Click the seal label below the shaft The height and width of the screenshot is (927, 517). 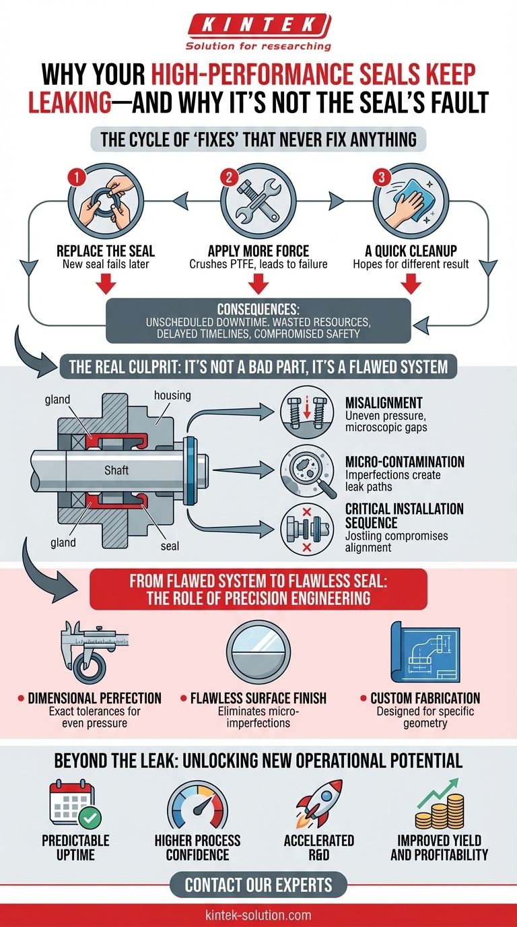(x=170, y=545)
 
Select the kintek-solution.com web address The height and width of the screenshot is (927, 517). (x=258, y=915)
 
